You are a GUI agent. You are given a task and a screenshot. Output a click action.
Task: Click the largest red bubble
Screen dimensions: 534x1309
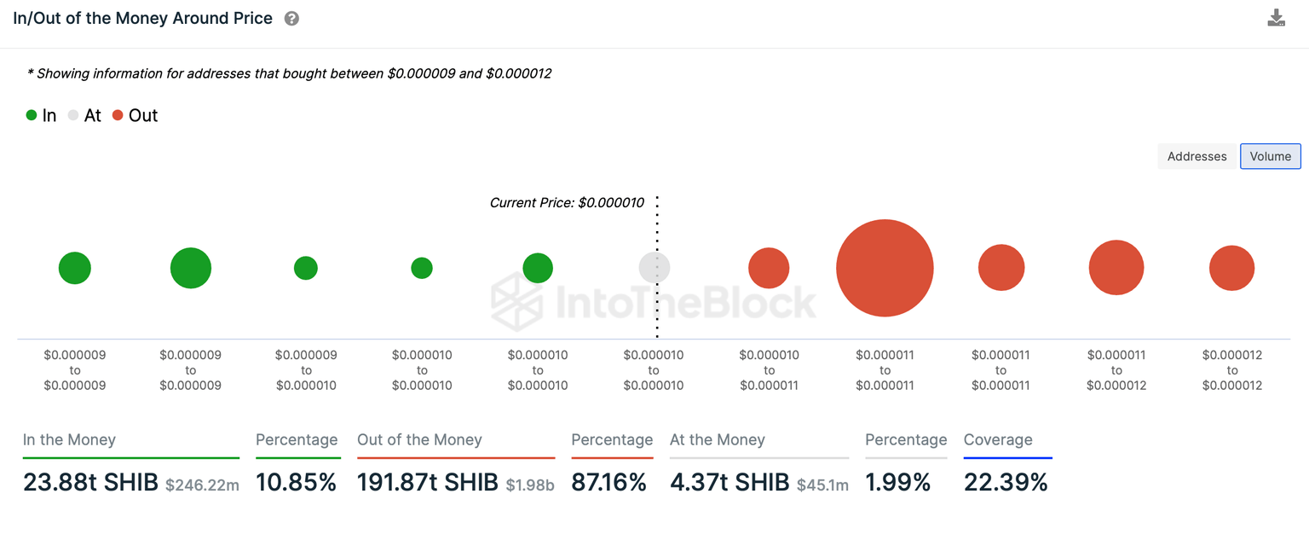click(885, 268)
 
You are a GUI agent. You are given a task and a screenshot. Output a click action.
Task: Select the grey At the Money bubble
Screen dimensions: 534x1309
click(654, 268)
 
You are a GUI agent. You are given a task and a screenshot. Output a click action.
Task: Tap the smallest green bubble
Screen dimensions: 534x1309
click(422, 268)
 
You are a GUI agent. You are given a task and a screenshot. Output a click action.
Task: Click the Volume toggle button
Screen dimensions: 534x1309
click(1270, 156)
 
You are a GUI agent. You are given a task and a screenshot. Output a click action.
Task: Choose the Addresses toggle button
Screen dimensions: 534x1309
click(1197, 156)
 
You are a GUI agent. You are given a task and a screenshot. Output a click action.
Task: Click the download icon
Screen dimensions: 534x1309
click(1276, 18)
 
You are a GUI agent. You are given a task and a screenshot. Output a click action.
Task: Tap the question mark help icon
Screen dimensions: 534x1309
click(291, 18)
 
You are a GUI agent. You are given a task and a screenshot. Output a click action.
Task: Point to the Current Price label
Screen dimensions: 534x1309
click(567, 202)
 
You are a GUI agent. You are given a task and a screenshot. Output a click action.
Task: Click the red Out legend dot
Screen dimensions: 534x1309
click(118, 115)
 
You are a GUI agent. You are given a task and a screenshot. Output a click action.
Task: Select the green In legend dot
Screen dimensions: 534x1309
click(32, 115)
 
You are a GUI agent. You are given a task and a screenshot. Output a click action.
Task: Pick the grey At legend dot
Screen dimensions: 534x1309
click(74, 115)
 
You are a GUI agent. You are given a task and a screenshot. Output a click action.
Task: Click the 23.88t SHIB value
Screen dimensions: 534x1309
click(90, 482)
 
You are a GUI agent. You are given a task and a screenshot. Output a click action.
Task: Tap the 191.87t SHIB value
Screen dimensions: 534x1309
click(428, 482)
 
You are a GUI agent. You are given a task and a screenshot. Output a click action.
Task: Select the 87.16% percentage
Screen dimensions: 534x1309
click(609, 482)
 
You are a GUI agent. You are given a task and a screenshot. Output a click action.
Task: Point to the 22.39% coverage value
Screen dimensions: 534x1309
click(1006, 482)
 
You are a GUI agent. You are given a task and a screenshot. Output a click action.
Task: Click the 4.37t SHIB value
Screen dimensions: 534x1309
click(729, 482)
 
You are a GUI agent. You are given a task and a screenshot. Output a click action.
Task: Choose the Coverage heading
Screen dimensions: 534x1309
click(998, 440)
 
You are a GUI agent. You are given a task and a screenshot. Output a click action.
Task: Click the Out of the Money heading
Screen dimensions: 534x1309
click(419, 440)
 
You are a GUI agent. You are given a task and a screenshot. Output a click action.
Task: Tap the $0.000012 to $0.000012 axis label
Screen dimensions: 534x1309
click(1232, 370)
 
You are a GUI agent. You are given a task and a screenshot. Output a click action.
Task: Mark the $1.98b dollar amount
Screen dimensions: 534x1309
click(530, 485)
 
